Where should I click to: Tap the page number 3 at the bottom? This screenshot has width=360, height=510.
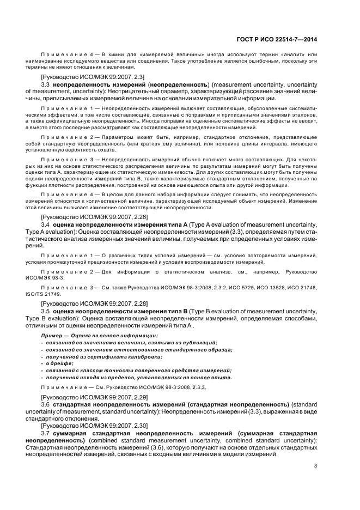(x=316, y=465)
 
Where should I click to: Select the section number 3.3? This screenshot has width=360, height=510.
(x=46, y=85)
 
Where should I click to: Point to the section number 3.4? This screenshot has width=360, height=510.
(x=46, y=223)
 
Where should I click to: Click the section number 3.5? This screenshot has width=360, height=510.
(x=46, y=309)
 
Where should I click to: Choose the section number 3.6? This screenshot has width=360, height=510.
(x=46, y=405)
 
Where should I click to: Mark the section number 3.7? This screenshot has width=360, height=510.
(x=46, y=432)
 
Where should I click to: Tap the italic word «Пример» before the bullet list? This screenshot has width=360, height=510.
(x=51, y=335)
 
